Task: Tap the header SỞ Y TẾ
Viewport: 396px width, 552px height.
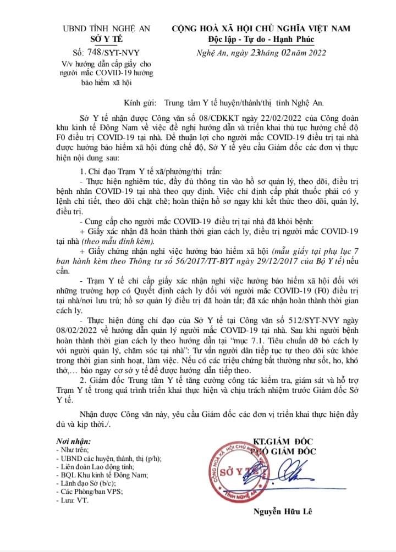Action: pos(106,38)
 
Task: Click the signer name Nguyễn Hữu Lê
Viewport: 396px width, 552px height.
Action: pos(282,512)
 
